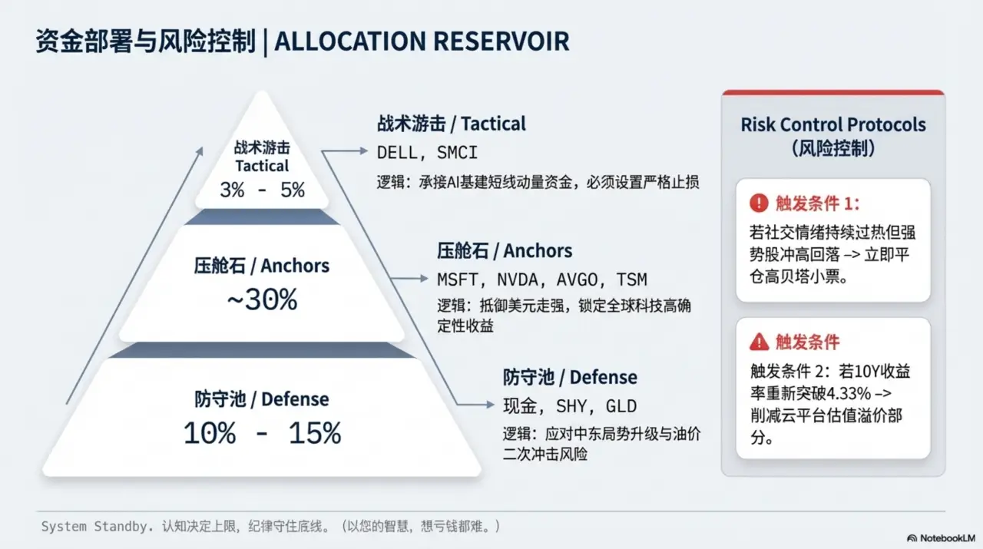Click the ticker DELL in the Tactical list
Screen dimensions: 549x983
(x=397, y=152)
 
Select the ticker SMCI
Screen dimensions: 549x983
(x=458, y=152)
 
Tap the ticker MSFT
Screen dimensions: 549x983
(x=457, y=279)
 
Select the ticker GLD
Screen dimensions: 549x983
(x=621, y=406)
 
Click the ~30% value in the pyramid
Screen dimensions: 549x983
(x=261, y=300)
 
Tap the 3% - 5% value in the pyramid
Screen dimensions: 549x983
(x=262, y=190)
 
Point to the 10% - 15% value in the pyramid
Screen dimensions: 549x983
(x=261, y=434)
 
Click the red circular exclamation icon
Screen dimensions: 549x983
(x=759, y=203)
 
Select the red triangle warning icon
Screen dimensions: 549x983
(x=759, y=342)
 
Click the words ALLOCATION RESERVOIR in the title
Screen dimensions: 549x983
(x=422, y=41)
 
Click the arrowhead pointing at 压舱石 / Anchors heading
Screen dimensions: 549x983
(x=424, y=278)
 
